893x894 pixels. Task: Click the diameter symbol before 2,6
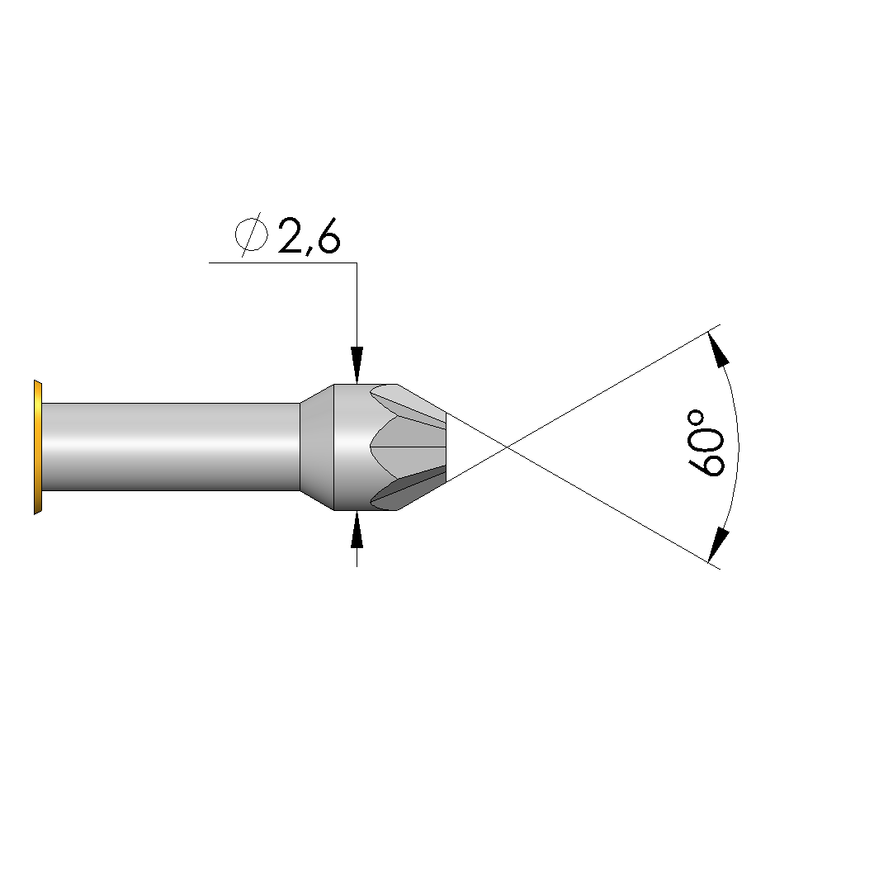coord(252,234)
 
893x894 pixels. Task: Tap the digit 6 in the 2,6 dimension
coord(328,236)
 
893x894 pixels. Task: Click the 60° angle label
coord(706,442)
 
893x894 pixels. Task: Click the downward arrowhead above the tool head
coord(357,365)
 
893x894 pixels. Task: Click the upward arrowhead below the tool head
coord(357,529)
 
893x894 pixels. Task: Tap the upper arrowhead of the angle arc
coord(718,348)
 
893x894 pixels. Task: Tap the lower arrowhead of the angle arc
coord(718,546)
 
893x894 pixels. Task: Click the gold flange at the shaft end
coord(38,447)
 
